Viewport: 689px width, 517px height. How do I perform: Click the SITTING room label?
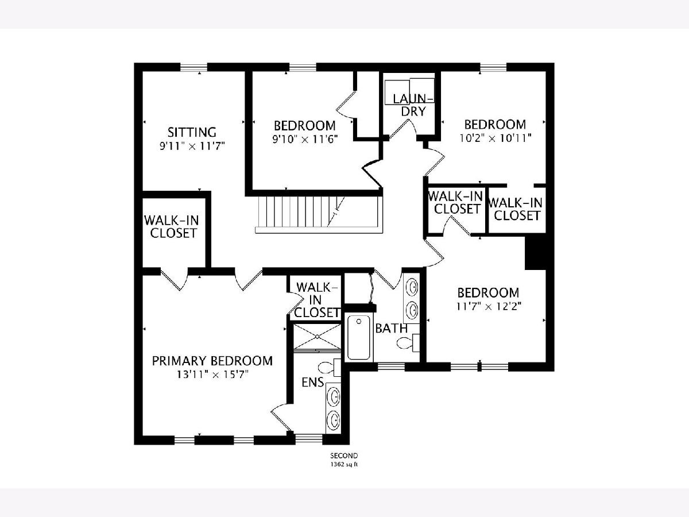[x=192, y=132]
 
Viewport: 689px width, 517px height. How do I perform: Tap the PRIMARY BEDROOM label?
[x=212, y=361]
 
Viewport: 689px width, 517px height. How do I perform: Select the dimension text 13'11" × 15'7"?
[x=212, y=375]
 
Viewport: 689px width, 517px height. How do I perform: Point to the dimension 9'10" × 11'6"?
[x=305, y=139]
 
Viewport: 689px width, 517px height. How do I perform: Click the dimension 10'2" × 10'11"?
[x=496, y=138]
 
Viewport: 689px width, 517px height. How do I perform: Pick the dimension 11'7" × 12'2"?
[x=489, y=306]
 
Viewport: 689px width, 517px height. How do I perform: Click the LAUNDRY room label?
[x=413, y=105]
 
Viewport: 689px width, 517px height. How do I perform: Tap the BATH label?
[x=392, y=329]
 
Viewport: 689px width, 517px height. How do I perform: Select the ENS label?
[x=313, y=383]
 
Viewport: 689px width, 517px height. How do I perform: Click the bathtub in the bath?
[x=359, y=337]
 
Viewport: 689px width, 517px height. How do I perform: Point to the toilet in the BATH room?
[x=408, y=343]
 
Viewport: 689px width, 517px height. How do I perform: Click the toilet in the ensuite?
[x=330, y=367]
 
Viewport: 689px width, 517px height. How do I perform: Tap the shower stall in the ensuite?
[x=317, y=337]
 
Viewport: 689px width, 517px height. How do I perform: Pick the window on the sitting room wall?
[x=193, y=67]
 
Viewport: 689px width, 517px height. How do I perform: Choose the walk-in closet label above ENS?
[x=316, y=300]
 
